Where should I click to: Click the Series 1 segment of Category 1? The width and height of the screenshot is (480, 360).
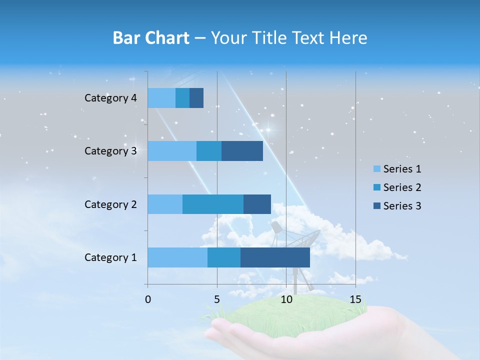[x=177, y=257]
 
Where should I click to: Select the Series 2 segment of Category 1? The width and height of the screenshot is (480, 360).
[x=224, y=257]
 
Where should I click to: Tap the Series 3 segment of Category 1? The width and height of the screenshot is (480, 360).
[x=275, y=257]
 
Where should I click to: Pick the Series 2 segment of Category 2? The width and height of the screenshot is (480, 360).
[x=213, y=204]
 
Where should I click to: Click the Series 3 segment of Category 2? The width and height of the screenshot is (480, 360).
[x=257, y=204]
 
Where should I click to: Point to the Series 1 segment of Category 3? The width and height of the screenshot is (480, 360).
[x=172, y=151]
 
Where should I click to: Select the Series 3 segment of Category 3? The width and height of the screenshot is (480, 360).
[x=242, y=151]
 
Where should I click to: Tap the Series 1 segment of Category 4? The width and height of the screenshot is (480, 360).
[x=161, y=98]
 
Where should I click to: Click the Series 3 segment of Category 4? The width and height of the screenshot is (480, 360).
[x=196, y=98]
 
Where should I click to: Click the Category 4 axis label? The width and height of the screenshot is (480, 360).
[x=110, y=98]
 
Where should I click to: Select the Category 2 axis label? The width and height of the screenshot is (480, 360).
[x=110, y=204]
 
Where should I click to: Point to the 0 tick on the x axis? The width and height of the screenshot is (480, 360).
[x=148, y=299]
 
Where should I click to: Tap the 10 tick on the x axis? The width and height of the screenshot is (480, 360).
[x=286, y=299]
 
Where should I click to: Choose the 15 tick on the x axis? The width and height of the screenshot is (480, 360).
[x=355, y=299]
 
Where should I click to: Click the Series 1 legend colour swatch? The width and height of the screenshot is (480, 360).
[x=376, y=169]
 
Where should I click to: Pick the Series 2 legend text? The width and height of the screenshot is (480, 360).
[x=402, y=187]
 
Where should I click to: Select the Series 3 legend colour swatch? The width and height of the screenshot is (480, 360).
[x=376, y=206]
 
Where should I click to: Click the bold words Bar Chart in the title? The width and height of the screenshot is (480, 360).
[x=151, y=38]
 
